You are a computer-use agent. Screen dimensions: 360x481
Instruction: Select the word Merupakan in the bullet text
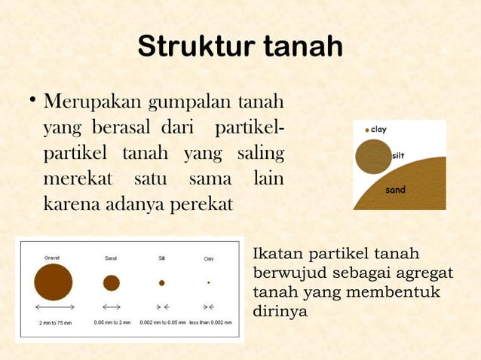(x=91, y=101)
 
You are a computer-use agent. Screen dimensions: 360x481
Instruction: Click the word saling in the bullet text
(x=260, y=153)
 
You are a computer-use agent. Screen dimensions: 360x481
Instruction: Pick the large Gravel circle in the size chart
(x=54, y=282)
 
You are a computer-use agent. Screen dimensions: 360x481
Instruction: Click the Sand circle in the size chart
(x=112, y=282)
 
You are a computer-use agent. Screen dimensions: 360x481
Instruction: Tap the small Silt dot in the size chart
(x=161, y=282)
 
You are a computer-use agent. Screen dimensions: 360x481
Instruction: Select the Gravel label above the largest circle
(x=52, y=258)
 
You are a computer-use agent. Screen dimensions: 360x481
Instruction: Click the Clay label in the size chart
(x=209, y=258)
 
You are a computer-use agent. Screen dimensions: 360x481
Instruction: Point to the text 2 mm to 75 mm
(x=54, y=322)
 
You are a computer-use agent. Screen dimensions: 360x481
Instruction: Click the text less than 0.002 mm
(x=210, y=322)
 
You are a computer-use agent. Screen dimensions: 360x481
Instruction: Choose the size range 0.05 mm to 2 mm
(x=112, y=322)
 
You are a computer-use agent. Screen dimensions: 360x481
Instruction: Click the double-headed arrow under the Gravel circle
(x=54, y=307)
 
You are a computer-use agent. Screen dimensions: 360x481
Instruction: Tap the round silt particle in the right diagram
(x=373, y=157)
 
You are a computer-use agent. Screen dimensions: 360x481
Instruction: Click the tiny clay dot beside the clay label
(x=367, y=130)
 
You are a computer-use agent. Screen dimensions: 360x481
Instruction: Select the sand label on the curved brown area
(x=396, y=190)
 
